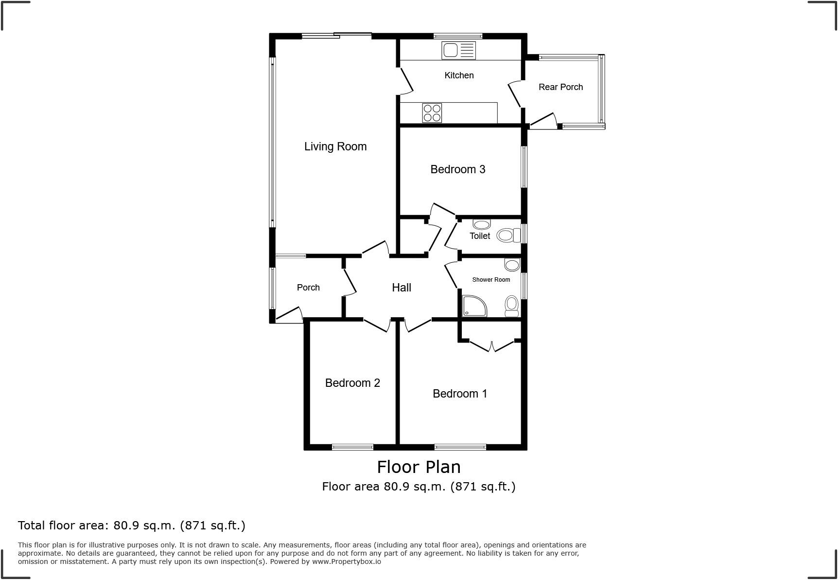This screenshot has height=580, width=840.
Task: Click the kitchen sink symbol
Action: click(x=458, y=51)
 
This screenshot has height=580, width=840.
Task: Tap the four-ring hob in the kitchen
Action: click(x=432, y=113)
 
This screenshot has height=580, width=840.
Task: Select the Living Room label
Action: click(x=335, y=146)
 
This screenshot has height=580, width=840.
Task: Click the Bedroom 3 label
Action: click(x=457, y=169)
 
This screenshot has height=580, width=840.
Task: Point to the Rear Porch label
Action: click(x=560, y=87)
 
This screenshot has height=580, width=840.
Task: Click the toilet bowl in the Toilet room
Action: click(x=507, y=236)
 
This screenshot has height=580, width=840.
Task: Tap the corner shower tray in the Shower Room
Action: click(x=474, y=306)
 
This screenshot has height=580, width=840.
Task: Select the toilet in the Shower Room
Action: click(x=511, y=305)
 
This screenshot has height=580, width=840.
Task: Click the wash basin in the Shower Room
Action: click(x=512, y=265)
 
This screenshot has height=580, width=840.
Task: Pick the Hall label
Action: click(x=402, y=288)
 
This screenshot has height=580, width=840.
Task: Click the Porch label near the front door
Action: click(x=308, y=288)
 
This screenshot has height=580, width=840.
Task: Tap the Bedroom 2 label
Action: click(x=352, y=383)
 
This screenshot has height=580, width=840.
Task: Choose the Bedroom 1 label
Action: click(x=460, y=394)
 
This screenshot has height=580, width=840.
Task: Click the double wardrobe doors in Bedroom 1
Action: click(x=491, y=345)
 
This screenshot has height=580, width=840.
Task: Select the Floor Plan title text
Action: click(x=419, y=467)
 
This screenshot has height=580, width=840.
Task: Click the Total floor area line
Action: click(x=131, y=526)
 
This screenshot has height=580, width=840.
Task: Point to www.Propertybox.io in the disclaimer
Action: click(x=346, y=562)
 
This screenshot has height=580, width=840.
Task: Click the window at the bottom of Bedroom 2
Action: click(x=352, y=447)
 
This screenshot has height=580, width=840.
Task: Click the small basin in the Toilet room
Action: click(x=482, y=224)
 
